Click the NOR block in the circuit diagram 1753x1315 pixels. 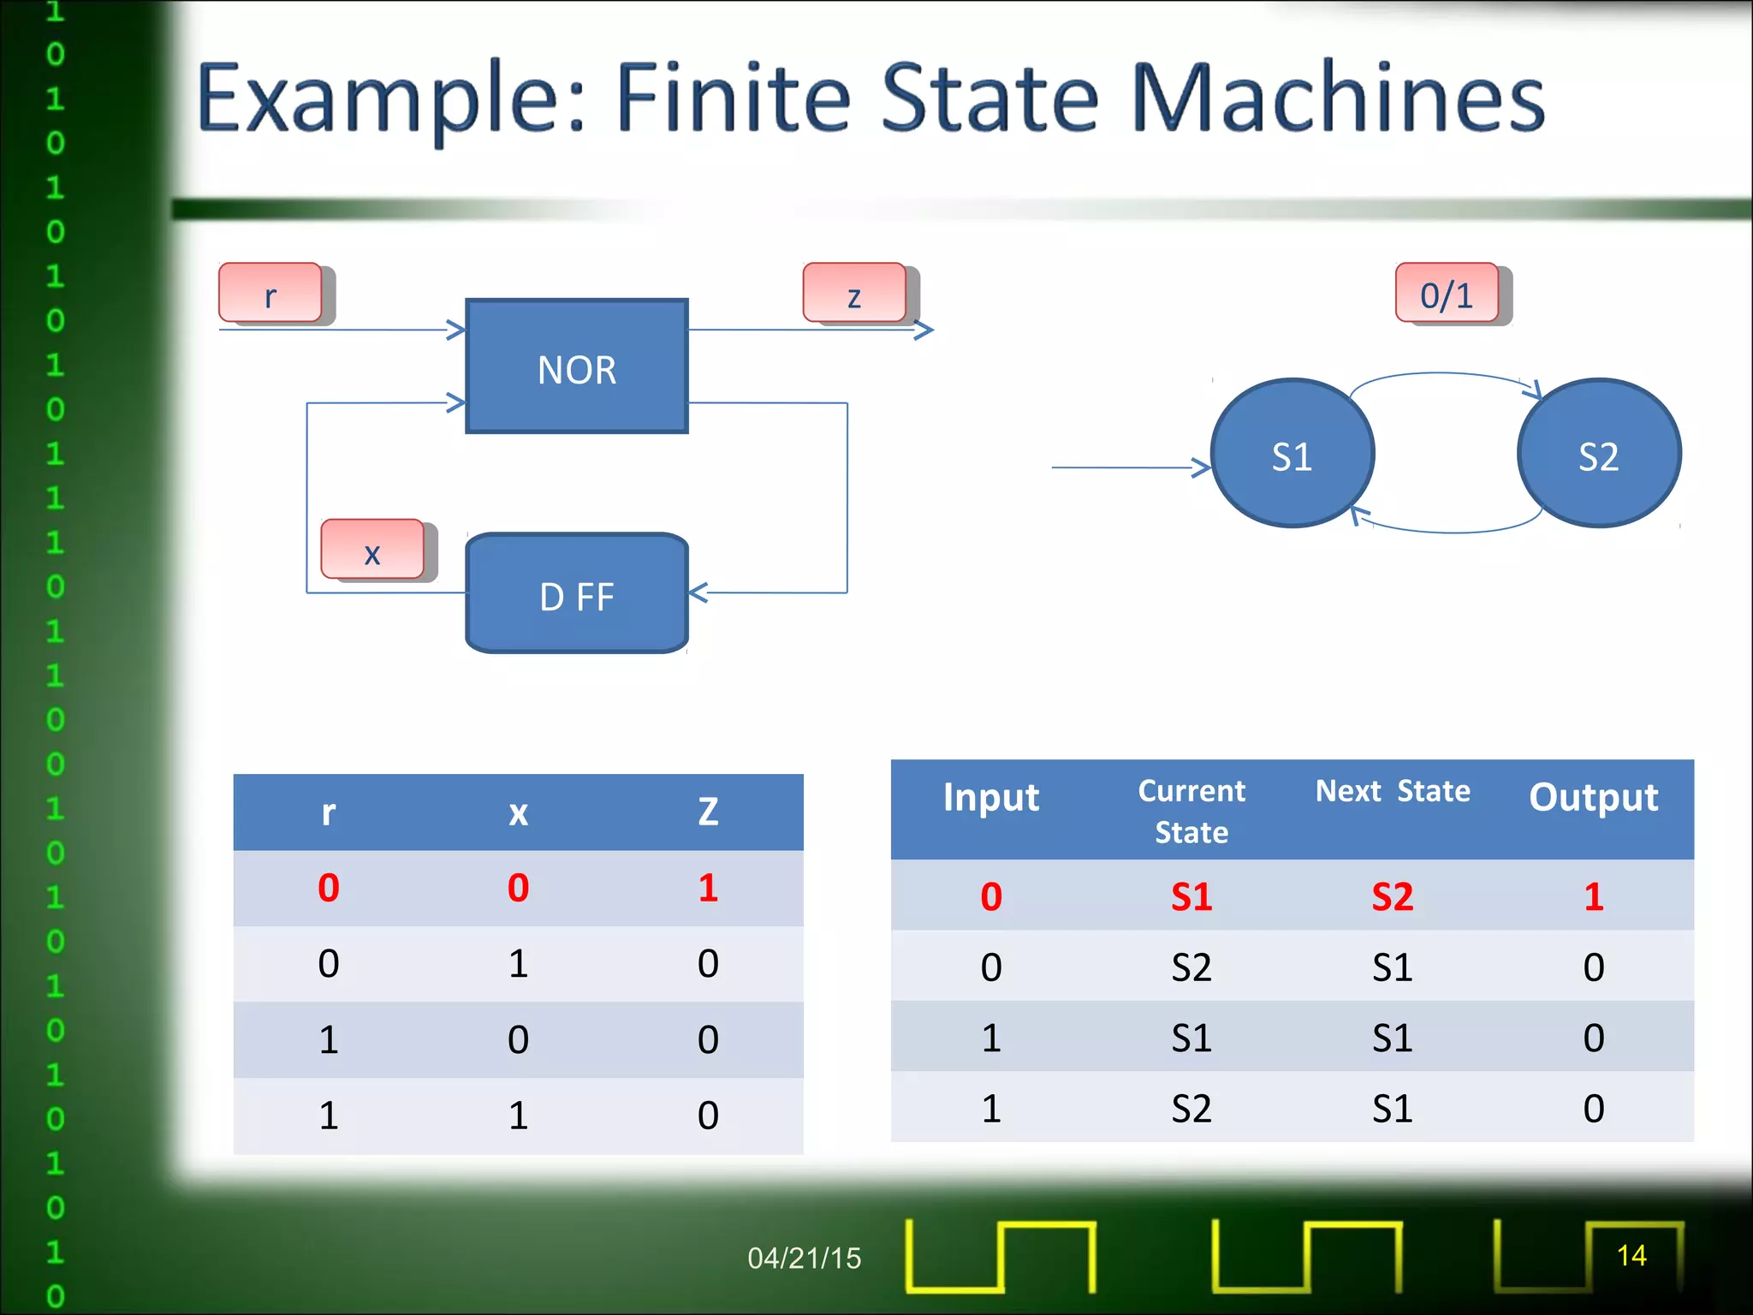point(576,366)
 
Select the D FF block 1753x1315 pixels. point(576,594)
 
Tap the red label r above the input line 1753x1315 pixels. point(270,294)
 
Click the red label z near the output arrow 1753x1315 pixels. point(854,294)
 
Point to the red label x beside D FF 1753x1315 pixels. point(372,550)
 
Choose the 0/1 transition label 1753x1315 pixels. point(1447,294)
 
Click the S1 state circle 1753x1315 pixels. point(1292,454)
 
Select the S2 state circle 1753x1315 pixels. point(1598,454)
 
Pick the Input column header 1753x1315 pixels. point(990,797)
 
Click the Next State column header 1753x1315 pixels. point(1393,791)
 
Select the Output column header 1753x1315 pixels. point(1593,797)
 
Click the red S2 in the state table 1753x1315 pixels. point(1393,896)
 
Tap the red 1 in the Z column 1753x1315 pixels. point(708,888)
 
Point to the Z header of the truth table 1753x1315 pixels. point(708,812)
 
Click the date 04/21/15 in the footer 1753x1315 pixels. point(804,1258)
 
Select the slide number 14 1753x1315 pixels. point(1631,1255)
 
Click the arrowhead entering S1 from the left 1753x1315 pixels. point(1203,467)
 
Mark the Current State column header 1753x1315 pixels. point(1191,811)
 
